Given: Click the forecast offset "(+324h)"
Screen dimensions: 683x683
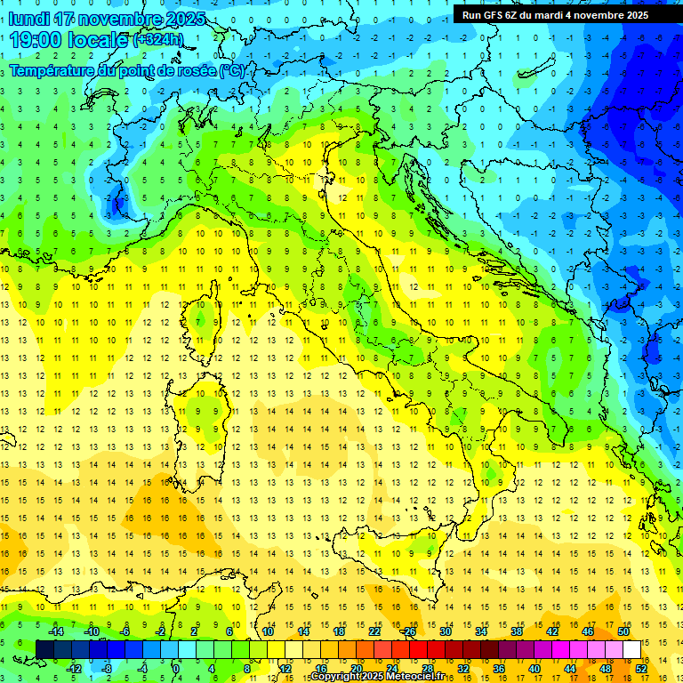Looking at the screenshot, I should click(x=157, y=40).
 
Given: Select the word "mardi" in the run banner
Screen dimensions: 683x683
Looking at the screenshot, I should click(x=563, y=15).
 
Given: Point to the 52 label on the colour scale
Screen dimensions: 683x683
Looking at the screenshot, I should click(x=641, y=668).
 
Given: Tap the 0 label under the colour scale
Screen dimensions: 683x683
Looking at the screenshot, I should click(x=176, y=668).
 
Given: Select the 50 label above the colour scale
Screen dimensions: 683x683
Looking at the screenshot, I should click(x=623, y=631).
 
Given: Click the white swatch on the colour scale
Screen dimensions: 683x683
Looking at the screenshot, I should click(x=632, y=649).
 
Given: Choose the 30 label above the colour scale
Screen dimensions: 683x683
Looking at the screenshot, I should click(x=445, y=631).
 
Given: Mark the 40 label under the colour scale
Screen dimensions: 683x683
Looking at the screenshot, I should click(x=534, y=668).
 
